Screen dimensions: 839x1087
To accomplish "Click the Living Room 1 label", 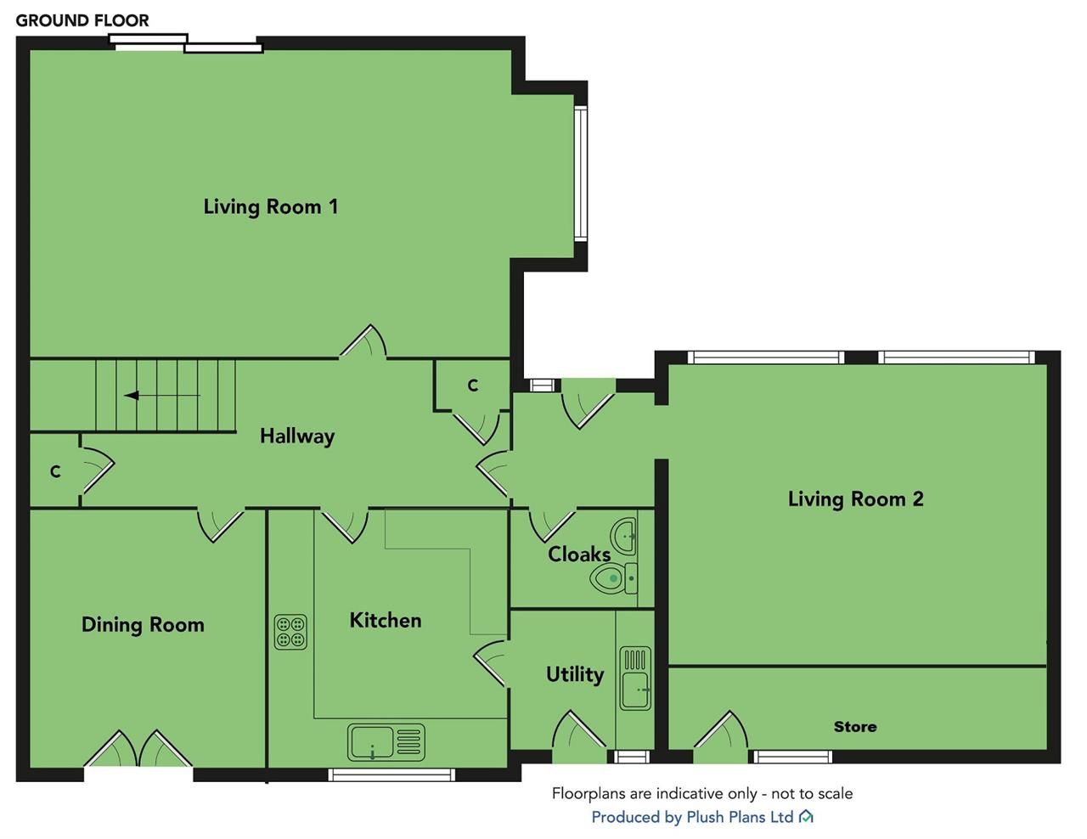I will click(270, 206).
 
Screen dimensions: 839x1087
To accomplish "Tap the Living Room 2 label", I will click(855, 498).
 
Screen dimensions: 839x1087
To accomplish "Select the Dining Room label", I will click(143, 625).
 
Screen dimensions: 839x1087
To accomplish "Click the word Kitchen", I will click(385, 621).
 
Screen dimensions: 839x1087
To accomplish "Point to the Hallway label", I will click(297, 436).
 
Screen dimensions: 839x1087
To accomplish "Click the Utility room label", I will click(575, 674).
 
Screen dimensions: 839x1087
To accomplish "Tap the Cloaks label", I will click(578, 555).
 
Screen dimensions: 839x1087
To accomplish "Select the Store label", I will click(854, 727).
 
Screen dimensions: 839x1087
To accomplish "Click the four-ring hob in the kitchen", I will click(290, 632).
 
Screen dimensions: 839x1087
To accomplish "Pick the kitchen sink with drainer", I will click(386, 741).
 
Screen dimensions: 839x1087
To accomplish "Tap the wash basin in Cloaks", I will click(625, 535).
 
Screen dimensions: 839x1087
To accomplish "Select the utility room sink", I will click(634, 679).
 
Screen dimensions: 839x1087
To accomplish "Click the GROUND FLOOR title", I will click(82, 20).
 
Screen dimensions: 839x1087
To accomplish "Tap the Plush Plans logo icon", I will click(806, 817).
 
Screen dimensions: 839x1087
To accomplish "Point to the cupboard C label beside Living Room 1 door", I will click(473, 386).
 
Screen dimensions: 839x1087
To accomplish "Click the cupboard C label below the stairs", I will click(55, 471).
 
